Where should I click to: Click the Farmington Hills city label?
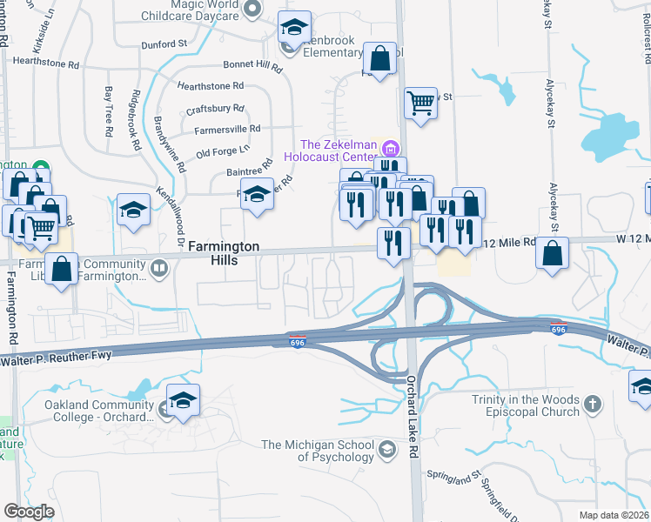(x=224, y=255)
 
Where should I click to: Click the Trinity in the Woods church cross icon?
(x=592, y=404)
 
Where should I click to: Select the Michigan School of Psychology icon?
(x=387, y=450)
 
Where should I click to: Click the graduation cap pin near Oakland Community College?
(x=183, y=401)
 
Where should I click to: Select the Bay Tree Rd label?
(x=109, y=110)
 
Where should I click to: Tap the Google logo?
(x=29, y=512)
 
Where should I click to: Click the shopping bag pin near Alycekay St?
(x=552, y=253)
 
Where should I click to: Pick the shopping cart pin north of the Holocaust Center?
(x=421, y=104)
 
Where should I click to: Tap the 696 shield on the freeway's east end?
(x=559, y=330)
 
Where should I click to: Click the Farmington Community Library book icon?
(x=158, y=269)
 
